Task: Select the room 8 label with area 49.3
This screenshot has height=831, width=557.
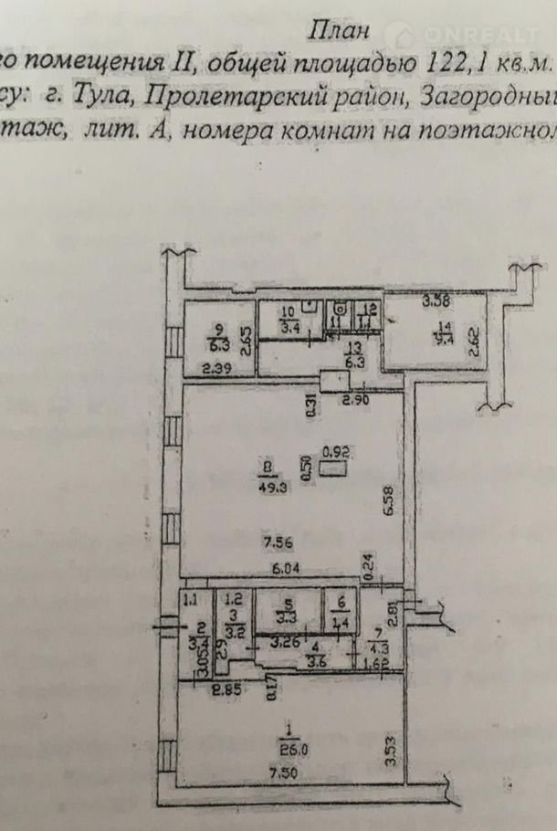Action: (x=266, y=479)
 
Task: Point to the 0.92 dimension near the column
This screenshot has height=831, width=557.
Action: (x=337, y=449)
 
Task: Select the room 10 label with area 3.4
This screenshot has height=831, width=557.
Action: (x=289, y=319)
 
